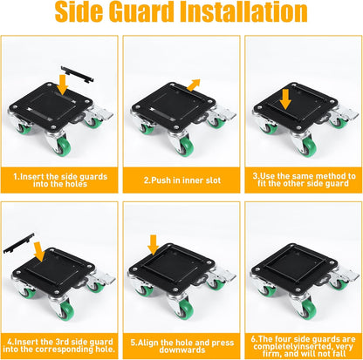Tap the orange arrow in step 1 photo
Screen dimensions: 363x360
point(62,85)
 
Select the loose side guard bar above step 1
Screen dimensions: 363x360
point(77,75)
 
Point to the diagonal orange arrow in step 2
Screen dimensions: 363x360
point(194,85)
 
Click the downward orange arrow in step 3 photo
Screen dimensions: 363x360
point(285,99)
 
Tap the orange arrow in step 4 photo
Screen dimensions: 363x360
point(39,252)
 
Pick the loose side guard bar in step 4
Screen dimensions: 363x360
point(18,243)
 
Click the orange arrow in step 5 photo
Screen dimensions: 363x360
point(153,245)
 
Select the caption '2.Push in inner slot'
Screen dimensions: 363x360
point(182,180)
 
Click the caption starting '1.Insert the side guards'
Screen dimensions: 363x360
point(60,180)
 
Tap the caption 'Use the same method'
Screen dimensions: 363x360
point(304,180)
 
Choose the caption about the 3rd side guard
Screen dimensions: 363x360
point(59,345)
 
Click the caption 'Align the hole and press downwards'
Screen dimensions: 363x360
point(182,346)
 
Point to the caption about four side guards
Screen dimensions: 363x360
point(304,346)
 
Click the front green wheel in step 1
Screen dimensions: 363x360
point(63,146)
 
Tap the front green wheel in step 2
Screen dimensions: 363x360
point(187,147)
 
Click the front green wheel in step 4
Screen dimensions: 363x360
point(66,311)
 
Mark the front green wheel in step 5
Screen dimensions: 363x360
point(186,309)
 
